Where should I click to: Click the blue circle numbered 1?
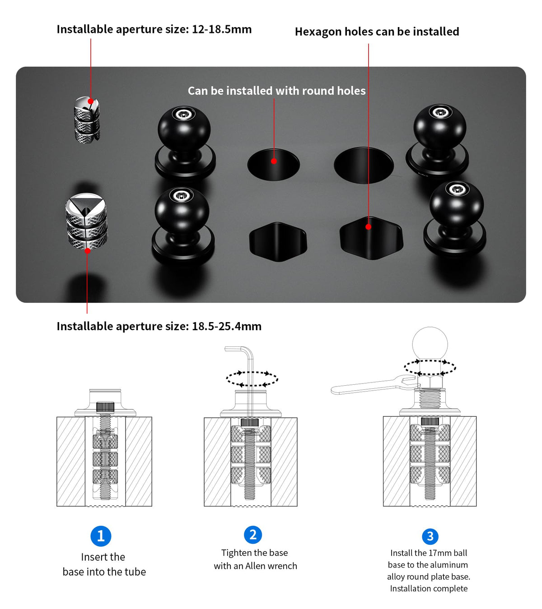coord(101,536)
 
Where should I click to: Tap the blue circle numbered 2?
coord(253,535)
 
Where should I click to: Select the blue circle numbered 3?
coord(430,536)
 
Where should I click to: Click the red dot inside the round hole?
coord(274,161)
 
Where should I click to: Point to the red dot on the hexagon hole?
coord(368,226)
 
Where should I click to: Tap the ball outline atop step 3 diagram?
coord(430,343)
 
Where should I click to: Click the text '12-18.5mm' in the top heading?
coord(222,29)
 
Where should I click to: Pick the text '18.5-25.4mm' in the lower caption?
coord(227,326)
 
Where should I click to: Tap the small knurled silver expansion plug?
coord(87,120)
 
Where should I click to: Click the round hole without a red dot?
coord(364,165)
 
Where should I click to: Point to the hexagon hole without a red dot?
coord(278,242)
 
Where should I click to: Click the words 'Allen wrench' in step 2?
coord(271,566)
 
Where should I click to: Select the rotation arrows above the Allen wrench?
coord(252,379)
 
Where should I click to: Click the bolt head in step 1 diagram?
coord(105,407)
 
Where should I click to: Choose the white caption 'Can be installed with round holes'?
coord(276,91)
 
